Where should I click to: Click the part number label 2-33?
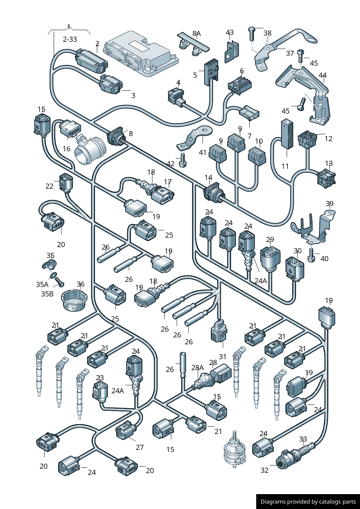coord(70,39)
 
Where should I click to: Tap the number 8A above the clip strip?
coord(196,34)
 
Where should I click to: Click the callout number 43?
coord(230,33)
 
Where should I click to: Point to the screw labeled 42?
coord(183,160)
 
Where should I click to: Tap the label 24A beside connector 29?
coord(260,281)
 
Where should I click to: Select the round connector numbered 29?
coord(269,258)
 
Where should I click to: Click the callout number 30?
coord(298,251)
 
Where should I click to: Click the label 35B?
coord(47,294)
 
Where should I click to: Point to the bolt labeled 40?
coord(311,255)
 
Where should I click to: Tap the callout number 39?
coord(329,204)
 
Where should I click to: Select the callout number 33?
coord(303,439)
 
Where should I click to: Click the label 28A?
coord(198,368)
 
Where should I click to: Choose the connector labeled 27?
coord(126,430)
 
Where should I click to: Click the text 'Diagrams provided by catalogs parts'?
coord(308,502)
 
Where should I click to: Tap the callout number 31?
coord(222,357)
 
